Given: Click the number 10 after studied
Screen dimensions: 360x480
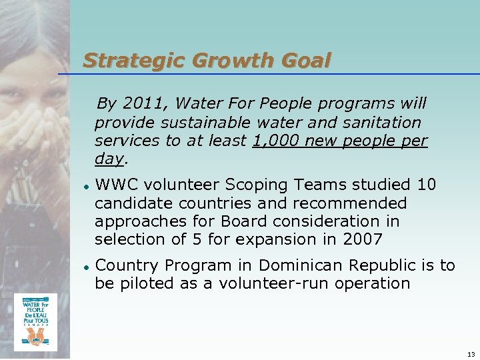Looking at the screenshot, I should click(426, 185).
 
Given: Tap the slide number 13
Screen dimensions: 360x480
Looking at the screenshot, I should click(471, 354).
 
